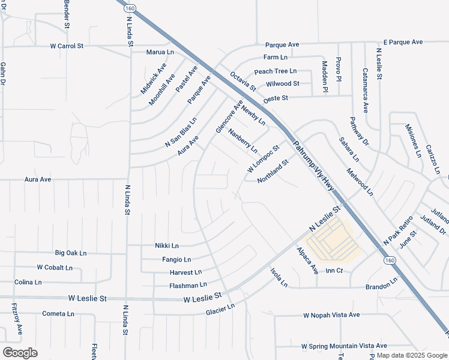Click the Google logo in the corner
(20, 352)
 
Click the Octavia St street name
(243, 82)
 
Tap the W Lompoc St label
(264, 158)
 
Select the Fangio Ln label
(176, 260)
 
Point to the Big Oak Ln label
(75, 253)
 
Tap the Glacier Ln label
(220, 310)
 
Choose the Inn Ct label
(334, 271)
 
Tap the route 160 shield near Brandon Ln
(390, 260)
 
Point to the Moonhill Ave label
(161, 89)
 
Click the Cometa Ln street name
(58, 314)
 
